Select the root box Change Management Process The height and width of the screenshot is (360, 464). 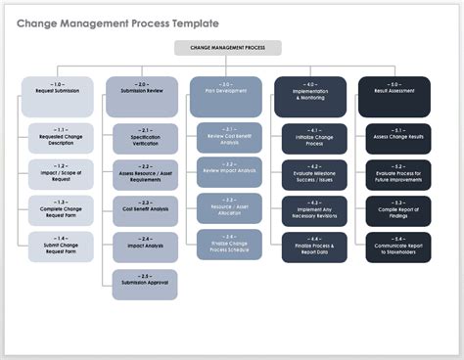pos(227,47)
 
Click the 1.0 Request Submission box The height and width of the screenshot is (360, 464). pos(58,90)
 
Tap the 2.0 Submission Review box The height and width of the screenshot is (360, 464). pos(142,90)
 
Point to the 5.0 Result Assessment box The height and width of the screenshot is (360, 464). pos(394,90)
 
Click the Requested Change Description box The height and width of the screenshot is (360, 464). pos(60,138)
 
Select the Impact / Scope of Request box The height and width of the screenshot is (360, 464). pos(60,174)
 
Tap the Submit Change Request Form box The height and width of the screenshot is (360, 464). pos(60,247)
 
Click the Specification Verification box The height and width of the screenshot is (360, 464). pos(145,138)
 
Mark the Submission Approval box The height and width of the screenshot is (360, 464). pos(145,283)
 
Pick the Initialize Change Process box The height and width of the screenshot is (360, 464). pos(313,138)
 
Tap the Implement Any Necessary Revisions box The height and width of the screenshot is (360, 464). pos(313,210)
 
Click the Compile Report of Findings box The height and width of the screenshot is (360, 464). pos(397,210)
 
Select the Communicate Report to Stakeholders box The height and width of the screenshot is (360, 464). pos(397,247)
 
